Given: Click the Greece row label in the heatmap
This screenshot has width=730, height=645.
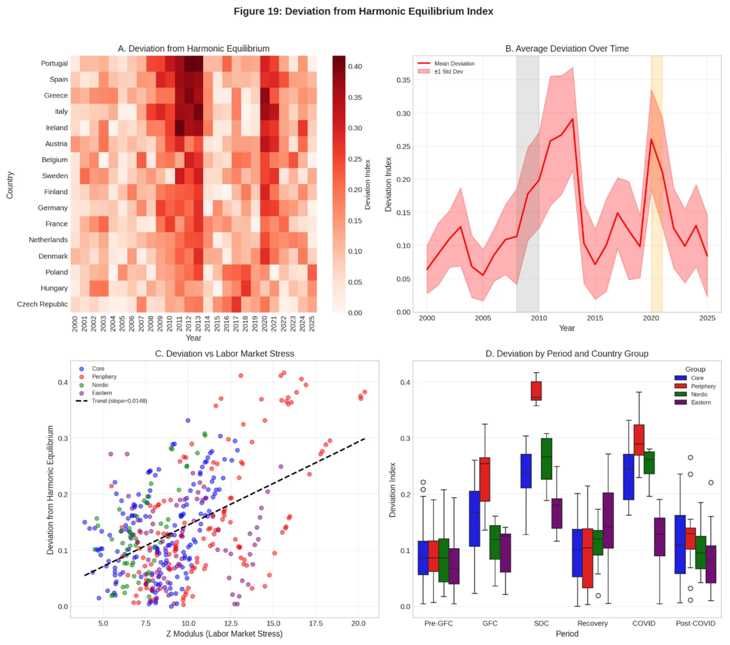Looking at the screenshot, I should [56, 95].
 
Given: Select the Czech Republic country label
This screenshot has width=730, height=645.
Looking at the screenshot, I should [42, 304].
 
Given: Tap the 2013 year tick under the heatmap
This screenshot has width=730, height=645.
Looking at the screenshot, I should [198, 324].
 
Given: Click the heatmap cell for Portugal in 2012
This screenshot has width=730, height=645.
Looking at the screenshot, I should [189, 64].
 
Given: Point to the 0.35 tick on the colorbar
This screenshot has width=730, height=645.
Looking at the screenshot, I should [355, 98].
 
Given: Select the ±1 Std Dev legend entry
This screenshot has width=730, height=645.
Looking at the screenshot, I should [449, 71].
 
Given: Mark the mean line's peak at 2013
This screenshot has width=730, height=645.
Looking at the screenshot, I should [573, 119].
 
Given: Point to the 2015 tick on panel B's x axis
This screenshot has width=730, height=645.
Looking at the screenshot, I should [595, 318].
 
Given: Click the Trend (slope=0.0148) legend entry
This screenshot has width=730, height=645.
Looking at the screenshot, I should [119, 401].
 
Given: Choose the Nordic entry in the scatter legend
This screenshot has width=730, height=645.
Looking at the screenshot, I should [100, 385].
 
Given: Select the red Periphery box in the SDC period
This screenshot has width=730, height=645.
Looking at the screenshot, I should [536, 391].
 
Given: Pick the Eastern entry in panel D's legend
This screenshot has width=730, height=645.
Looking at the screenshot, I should [701, 402].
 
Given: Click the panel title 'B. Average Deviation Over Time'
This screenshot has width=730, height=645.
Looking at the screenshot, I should [567, 49].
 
